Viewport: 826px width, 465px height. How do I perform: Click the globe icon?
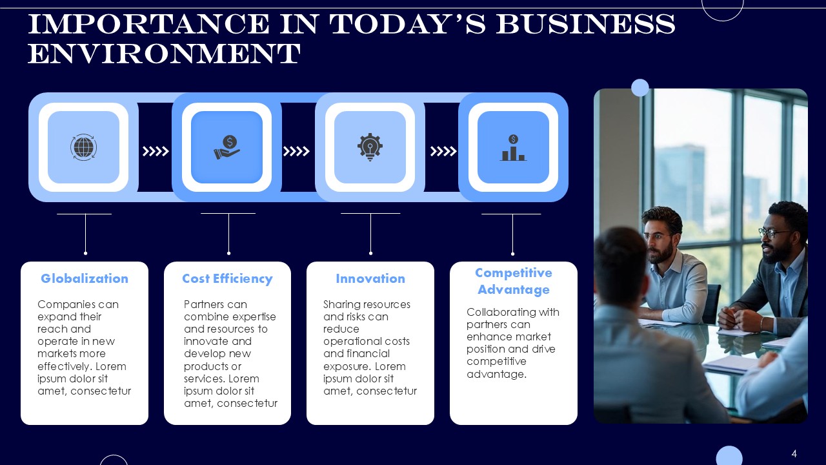84,147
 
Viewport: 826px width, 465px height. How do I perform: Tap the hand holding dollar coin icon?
227,147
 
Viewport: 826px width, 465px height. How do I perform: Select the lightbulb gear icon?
370,147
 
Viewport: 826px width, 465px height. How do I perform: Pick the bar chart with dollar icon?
513,148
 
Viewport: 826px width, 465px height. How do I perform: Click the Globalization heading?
85,278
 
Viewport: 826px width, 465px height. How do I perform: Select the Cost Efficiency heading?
227,278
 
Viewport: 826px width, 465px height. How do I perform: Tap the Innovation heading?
370,278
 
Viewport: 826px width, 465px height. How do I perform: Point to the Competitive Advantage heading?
513,281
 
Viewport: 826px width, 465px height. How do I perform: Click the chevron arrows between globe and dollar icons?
156,151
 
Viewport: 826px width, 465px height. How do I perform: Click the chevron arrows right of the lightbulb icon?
443,151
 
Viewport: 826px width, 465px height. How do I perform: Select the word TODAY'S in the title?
407,24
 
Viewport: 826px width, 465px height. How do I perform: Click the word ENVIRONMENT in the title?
164,54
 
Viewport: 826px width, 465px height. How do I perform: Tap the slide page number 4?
794,453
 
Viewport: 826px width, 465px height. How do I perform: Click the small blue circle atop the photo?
640,88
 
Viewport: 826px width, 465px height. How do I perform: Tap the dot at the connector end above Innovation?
370,253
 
